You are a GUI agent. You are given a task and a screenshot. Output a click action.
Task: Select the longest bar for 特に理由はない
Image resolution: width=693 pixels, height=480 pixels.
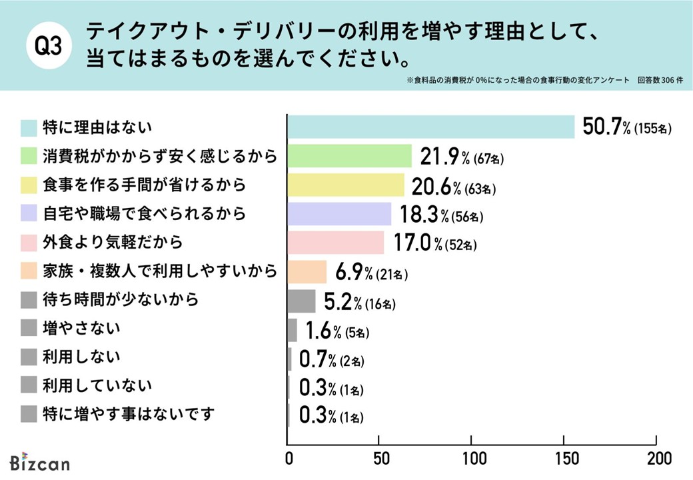tap(430, 127)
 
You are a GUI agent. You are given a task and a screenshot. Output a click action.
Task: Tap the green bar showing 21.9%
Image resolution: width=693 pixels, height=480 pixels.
tap(350, 156)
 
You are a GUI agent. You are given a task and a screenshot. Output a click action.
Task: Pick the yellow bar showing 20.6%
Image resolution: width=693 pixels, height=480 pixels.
tap(346, 185)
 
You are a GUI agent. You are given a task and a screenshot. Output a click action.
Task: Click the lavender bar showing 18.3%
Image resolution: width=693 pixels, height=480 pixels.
tap(339, 214)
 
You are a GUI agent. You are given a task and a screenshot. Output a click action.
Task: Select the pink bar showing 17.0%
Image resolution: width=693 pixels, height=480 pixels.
tap(336, 243)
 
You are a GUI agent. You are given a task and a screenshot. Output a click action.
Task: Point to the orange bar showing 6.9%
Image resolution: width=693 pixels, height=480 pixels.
tap(307, 272)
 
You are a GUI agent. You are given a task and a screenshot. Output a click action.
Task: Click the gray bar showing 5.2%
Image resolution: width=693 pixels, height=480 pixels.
tap(302, 301)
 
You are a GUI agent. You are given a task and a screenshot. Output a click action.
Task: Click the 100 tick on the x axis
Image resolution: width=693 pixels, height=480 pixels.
tap(472, 459)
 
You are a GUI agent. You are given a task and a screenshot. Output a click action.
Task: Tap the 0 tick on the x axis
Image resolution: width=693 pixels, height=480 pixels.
tap(289, 459)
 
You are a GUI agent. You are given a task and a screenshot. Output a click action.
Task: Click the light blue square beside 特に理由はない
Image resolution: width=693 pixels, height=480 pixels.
tap(29, 127)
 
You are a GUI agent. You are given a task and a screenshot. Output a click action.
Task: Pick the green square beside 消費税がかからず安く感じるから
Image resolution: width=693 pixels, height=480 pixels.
tap(29, 156)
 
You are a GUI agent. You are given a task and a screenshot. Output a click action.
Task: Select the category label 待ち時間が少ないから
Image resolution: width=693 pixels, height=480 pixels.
tap(120, 301)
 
